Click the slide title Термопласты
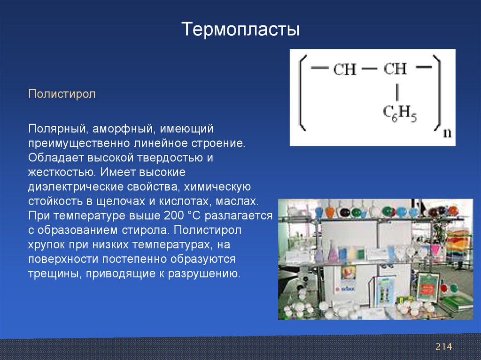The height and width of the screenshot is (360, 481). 240,30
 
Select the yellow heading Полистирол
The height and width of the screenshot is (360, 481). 62,94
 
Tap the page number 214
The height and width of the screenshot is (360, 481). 443,347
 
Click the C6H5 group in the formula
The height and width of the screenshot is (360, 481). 400,114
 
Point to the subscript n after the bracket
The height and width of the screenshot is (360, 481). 448,133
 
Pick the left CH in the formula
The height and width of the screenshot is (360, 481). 345,69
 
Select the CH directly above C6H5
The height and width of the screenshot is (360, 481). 395,69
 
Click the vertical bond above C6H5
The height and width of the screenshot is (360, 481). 397,92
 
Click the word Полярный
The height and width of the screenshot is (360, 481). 56,129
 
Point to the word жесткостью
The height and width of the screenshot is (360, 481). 62,172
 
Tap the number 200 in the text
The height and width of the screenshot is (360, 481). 174,215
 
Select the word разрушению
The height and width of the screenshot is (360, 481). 204,274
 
